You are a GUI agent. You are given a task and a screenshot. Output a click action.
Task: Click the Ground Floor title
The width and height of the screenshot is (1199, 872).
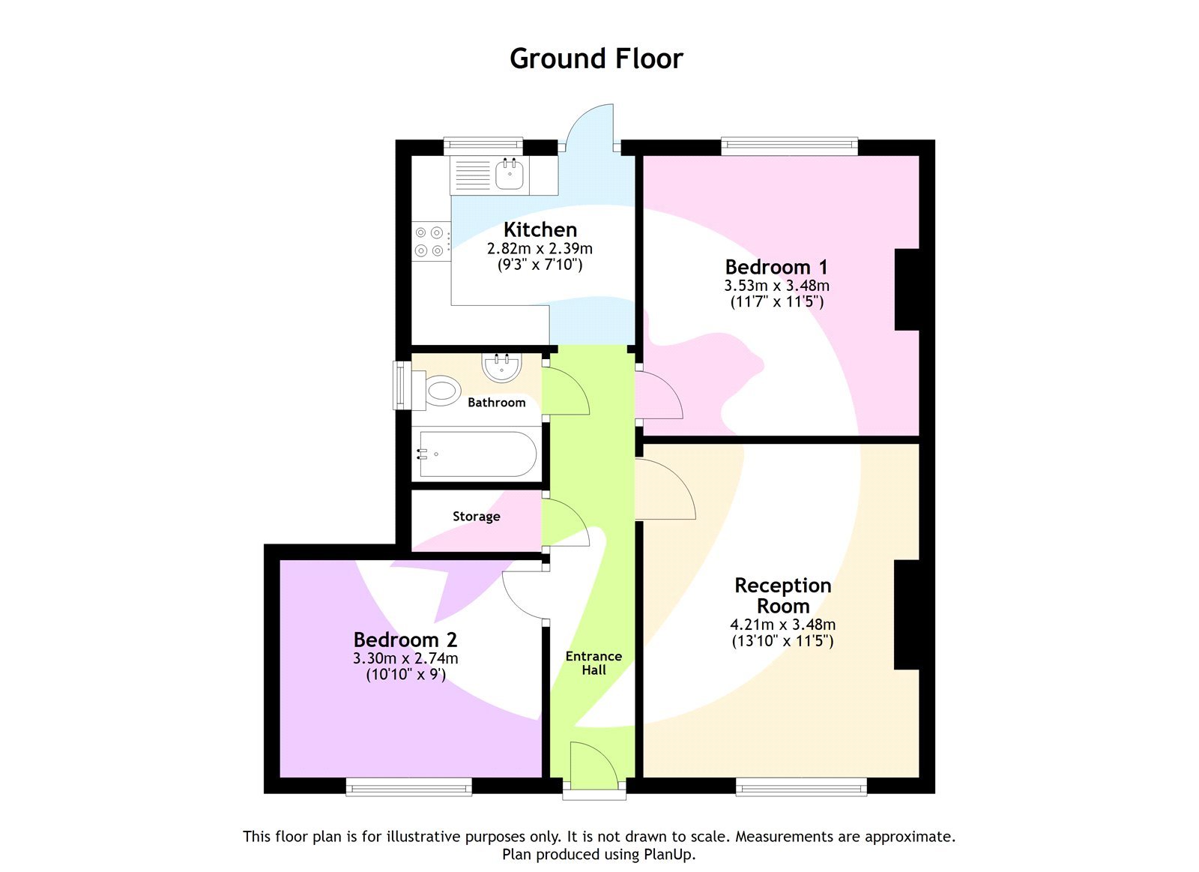pos(597,58)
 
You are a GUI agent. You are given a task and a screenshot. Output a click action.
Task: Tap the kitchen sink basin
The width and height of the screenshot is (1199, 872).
pos(510,177)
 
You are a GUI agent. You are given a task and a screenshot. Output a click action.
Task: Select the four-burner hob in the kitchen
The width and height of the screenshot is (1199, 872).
pos(430,241)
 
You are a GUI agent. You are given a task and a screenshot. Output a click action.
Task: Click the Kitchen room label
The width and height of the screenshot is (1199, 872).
pos(540,229)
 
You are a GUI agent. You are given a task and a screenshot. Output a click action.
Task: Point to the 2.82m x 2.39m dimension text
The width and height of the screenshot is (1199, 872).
pos(540,248)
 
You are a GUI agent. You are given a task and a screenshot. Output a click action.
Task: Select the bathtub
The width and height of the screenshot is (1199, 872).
pos(477,454)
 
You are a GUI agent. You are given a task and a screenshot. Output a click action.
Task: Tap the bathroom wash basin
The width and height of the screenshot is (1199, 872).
pos(501,367)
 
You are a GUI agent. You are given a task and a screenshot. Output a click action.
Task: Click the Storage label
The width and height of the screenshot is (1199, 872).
pos(476,517)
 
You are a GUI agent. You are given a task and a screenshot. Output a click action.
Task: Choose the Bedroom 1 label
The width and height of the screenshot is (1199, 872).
pos(776,267)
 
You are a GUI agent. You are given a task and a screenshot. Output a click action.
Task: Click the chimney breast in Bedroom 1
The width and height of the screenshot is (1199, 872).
pos(907,289)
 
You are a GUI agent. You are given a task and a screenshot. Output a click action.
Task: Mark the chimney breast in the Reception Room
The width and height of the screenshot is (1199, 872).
pos(907,614)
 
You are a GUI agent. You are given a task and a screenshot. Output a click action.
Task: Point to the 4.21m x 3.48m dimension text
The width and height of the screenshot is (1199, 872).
pos(782,625)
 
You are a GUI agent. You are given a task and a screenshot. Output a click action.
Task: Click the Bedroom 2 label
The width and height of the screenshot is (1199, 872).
pos(405,640)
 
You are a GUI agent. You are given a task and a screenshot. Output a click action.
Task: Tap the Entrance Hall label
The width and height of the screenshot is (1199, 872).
pos(594,663)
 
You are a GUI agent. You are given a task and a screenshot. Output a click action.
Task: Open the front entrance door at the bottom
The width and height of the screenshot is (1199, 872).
pos(594,765)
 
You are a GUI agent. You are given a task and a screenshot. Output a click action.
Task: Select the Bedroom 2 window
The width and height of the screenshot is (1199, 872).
pos(409,787)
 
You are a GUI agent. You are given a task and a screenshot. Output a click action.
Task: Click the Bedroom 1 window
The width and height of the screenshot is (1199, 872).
pos(789,147)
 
